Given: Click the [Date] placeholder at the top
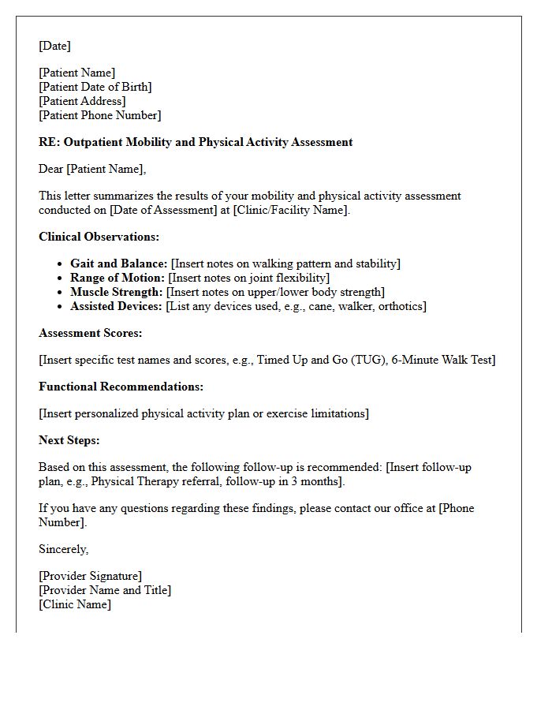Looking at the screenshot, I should coord(54,46).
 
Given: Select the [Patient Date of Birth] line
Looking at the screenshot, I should coord(95,87).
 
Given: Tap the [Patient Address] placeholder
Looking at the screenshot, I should coord(82,101).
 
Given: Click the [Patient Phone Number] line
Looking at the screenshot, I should coord(99,115).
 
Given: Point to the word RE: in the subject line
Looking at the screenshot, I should coord(49,142).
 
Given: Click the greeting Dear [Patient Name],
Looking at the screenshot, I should coord(92,169).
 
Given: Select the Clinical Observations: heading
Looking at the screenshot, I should coord(99,237).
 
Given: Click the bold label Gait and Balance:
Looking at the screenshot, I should coord(118,263).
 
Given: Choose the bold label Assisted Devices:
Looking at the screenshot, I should coord(117,306).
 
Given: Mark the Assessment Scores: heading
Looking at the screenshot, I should coord(90,333).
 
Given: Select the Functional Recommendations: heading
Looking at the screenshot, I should coord(121,387).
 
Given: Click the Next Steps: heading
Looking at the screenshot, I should coord(69,440).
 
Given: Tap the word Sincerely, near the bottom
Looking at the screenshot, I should coord(64,549).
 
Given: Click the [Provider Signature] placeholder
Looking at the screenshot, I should coord(90,576).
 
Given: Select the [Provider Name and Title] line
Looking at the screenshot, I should coord(105,590).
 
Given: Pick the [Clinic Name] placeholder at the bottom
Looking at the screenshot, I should coord(75,604).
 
